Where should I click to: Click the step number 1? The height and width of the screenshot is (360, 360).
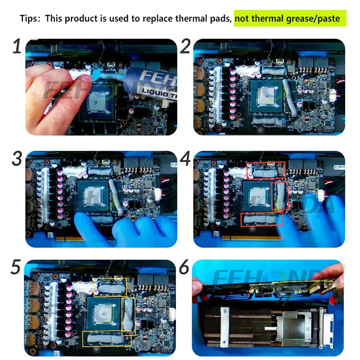click(x=17, y=46)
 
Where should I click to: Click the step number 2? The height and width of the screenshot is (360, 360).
click(x=185, y=46)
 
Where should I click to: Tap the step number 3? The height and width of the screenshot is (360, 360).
click(x=17, y=158)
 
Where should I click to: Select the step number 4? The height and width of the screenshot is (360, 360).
click(x=185, y=158)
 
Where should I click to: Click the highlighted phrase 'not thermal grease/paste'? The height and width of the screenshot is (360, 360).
click(x=290, y=19)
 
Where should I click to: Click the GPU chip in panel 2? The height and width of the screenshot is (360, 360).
click(x=266, y=96)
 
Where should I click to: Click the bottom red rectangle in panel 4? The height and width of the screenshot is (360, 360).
click(x=262, y=219)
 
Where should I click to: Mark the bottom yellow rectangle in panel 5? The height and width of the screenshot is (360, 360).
click(x=109, y=339)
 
